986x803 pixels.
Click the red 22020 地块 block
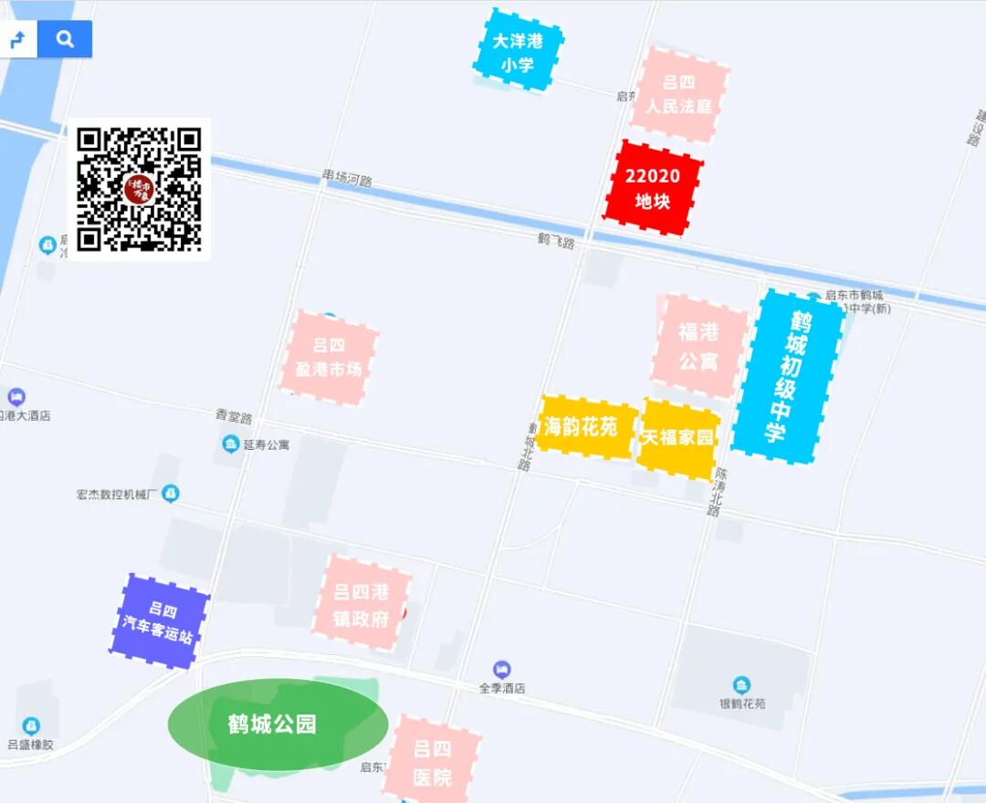[x=653, y=188]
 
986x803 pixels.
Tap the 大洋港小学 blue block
[x=518, y=52]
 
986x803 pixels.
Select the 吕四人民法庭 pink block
[x=678, y=95]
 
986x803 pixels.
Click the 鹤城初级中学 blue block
[x=787, y=376]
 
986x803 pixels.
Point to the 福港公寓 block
[x=698, y=347]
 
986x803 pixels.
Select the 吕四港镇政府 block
[x=362, y=605]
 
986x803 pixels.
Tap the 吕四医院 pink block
[x=432, y=764]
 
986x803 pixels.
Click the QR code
[x=139, y=189]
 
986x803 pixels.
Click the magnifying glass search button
[x=65, y=39]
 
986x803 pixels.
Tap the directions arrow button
[x=18, y=40]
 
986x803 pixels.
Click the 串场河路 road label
[x=347, y=179]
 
